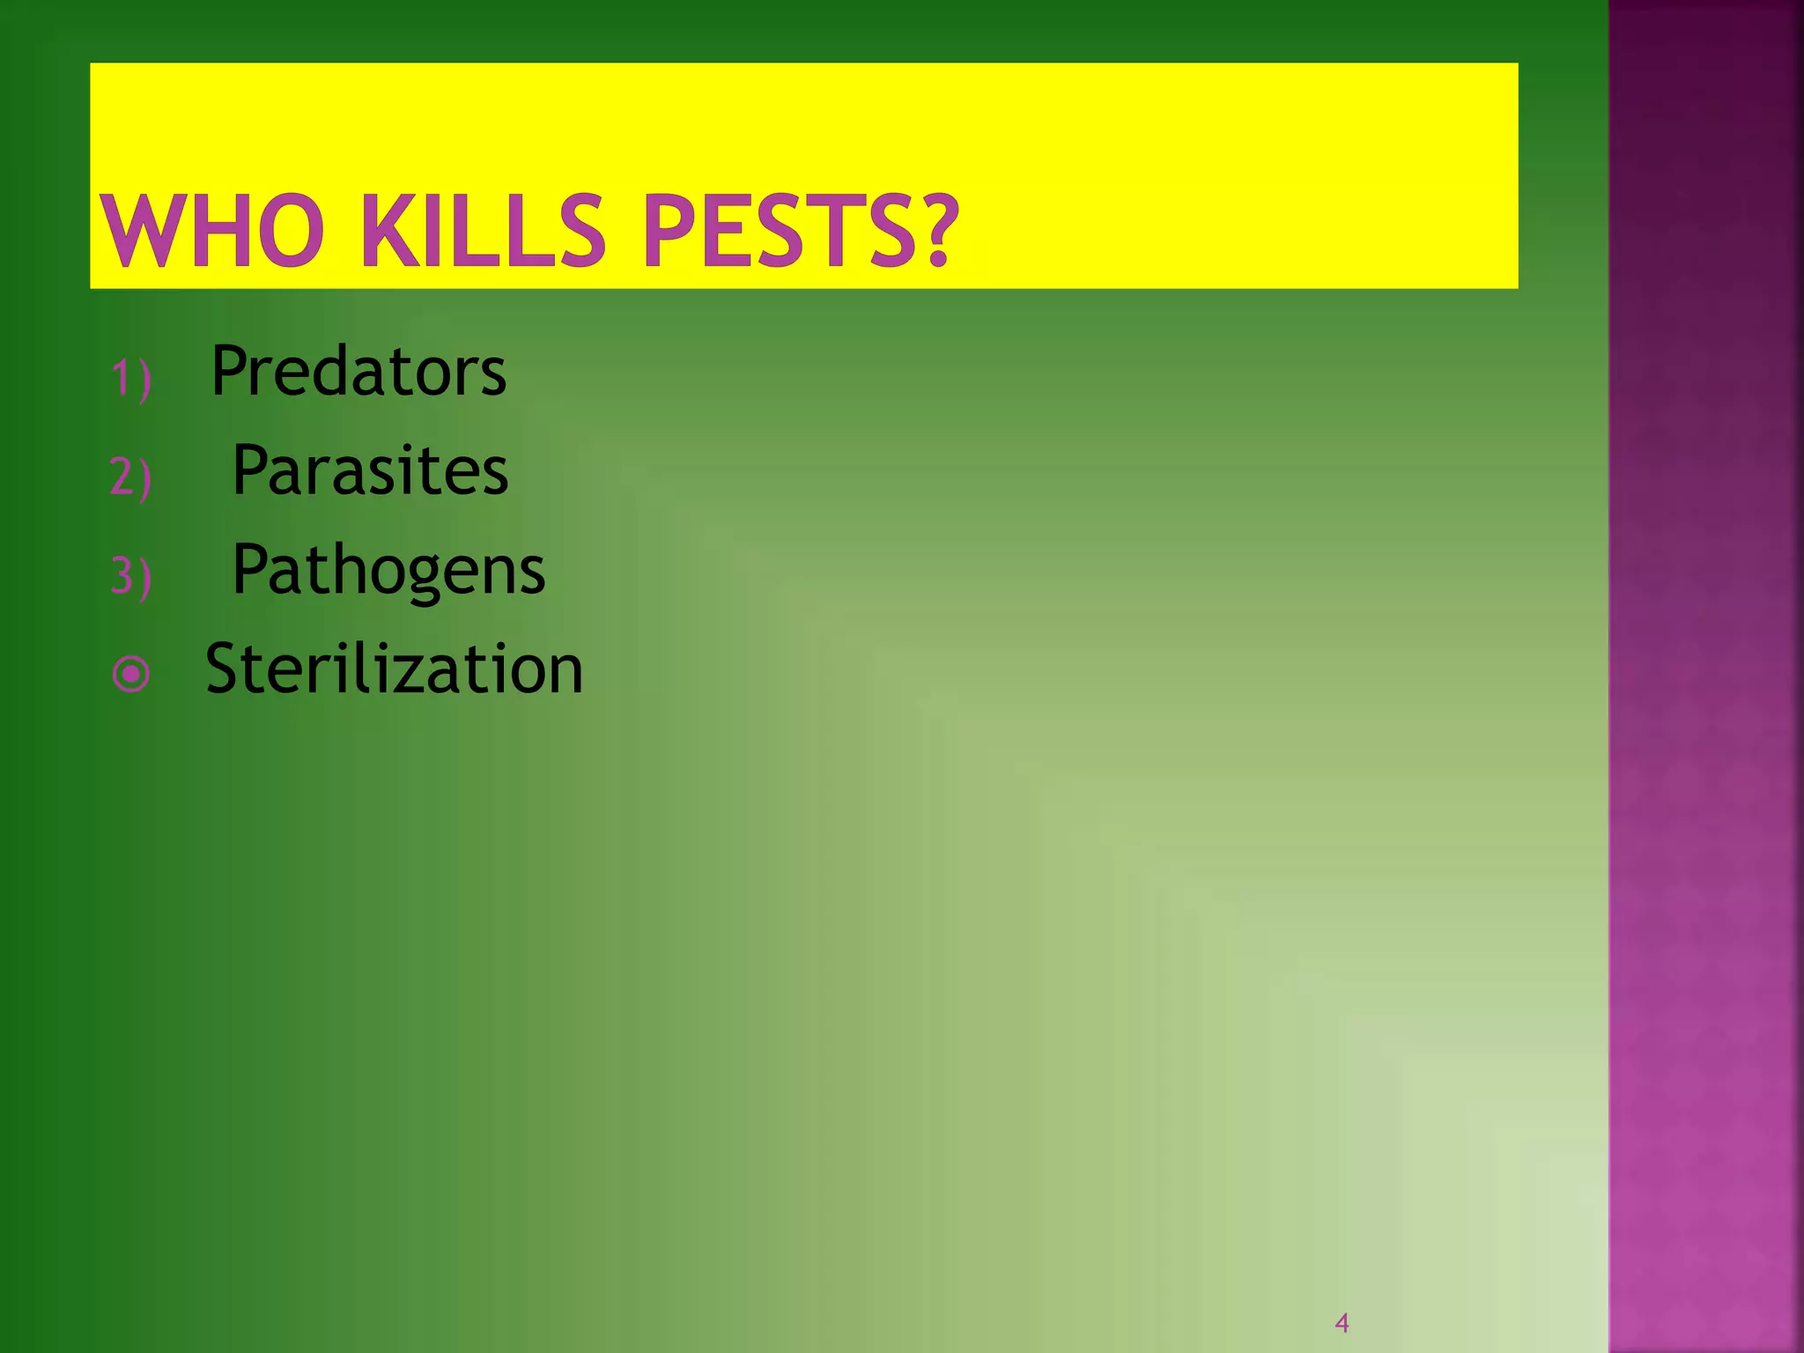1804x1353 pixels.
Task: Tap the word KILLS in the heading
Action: point(484,231)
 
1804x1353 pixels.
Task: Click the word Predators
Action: point(359,371)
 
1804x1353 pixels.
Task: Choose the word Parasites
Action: point(370,470)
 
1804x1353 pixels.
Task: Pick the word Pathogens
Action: point(388,571)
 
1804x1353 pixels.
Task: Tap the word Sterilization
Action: point(394,669)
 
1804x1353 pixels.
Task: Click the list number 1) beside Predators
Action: point(131,380)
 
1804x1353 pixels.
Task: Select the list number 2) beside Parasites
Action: point(131,478)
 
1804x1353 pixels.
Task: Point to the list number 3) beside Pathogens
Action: point(131,578)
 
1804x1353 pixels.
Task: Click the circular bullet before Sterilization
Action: point(131,675)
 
